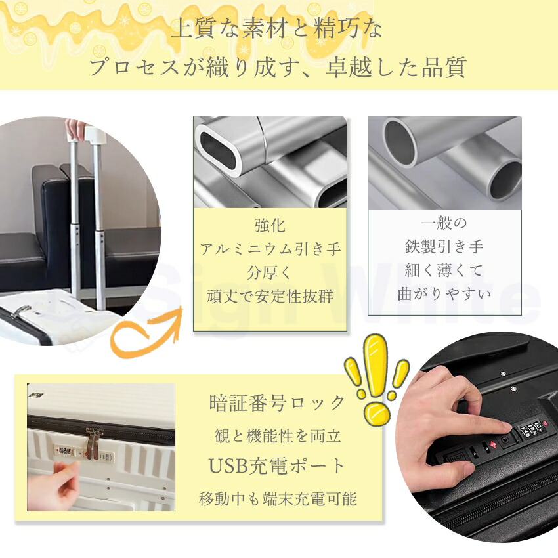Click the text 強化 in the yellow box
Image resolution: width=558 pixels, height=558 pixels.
[x=270, y=225]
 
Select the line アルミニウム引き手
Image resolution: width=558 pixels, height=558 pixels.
[x=270, y=249]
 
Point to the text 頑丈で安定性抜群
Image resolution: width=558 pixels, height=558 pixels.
[x=270, y=296]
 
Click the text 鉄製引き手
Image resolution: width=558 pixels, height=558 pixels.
[x=444, y=246]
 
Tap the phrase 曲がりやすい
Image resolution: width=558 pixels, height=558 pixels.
[x=444, y=294]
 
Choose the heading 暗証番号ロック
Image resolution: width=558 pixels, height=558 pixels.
[x=277, y=403]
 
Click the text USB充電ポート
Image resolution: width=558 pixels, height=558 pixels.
[x=276, y=466]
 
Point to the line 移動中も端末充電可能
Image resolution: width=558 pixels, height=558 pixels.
[x=278, y=498]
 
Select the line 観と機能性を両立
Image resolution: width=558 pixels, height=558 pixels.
[x=278, y=436]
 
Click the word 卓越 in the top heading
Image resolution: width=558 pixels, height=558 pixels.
[x=349, y=67]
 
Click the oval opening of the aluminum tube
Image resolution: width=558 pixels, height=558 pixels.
[x=218, y=150]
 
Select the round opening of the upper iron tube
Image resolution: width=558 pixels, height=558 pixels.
[x=400, y=142]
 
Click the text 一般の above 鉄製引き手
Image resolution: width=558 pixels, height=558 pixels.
[x=444, y=223]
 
